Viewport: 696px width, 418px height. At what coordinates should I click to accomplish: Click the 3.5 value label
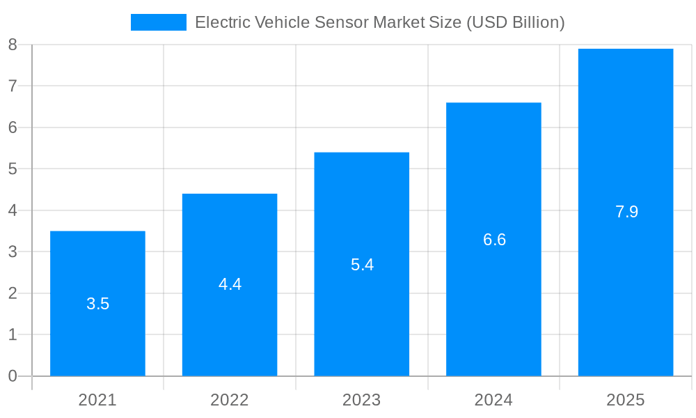click(97, 304)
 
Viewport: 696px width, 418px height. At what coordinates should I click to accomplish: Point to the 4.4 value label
click(230, 284)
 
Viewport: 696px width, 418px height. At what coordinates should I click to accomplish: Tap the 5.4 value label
click(362, 265)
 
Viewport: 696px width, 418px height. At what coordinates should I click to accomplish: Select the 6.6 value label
click(494, 240)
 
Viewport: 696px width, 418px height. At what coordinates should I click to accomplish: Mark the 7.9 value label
click(626, 212)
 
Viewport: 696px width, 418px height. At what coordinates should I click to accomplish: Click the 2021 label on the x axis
click(97, 400)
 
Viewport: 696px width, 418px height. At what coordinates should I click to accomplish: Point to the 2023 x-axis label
click(361, 400)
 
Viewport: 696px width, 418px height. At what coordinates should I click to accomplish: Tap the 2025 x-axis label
click(626, 400)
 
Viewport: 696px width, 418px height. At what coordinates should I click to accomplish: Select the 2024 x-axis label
click(493, 400)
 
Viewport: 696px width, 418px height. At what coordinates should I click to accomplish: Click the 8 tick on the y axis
click(13, 45)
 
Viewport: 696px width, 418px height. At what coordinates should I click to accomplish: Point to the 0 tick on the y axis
click(13, 376)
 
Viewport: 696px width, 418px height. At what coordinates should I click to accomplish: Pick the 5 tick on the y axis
click(13, 169)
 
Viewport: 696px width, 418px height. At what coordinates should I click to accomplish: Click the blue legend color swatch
click(159, 22)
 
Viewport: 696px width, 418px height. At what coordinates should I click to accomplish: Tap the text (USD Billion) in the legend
click(515, 22)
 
